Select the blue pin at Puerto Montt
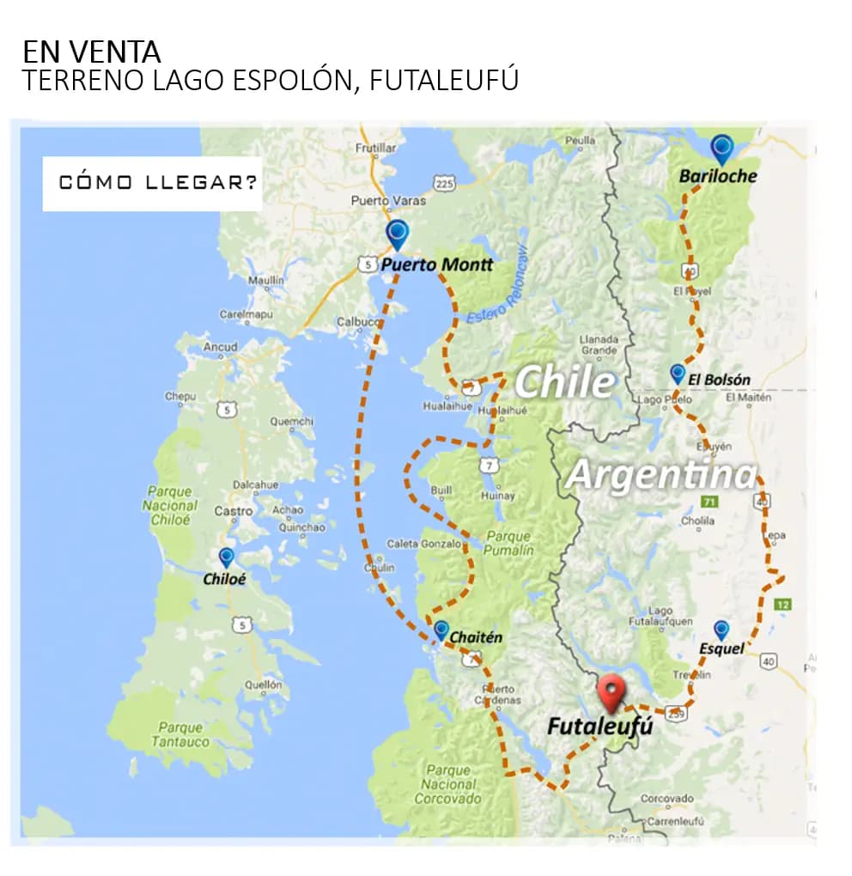click(x=397, y=233)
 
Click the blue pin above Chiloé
click(x=226, y=557)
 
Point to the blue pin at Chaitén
click(x=441, y=630)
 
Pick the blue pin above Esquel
click(x=721, y=630)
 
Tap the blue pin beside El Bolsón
click(x=678, y=373)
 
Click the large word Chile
click(x=564, y=380)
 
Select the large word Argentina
click(x=660, y=474)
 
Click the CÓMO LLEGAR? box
click(x=152, y=183)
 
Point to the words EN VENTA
click(x=91, y=52)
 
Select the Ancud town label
click(x=220, y=347)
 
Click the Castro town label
click(x=234, y=511)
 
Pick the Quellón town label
click(x=263, y=684)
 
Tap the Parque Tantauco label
click(x=180, y=734)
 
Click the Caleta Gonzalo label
click(x=426, y=544)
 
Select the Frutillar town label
click(x=376, y=148)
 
